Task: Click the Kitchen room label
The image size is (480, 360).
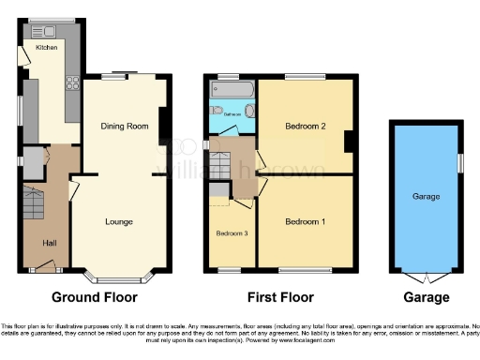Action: pyautogui.click(x=46, y=46)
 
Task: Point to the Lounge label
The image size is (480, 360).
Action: pyautogui.click(x=118, y=221)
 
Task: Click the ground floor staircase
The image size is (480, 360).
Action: pyautogui.click(x=33, y=202)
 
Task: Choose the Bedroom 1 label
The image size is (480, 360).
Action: pyautogui.click(x=304, y=221)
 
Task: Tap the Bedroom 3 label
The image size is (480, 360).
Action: pyautogui.click(x=231, y=233)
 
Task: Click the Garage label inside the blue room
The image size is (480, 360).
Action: pyautogui.click(x=427, y=197)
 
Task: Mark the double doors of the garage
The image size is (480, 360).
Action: pyautogui.click(x=427, y=278)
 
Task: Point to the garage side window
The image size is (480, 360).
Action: pyautogui.click(x=460, y=161)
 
